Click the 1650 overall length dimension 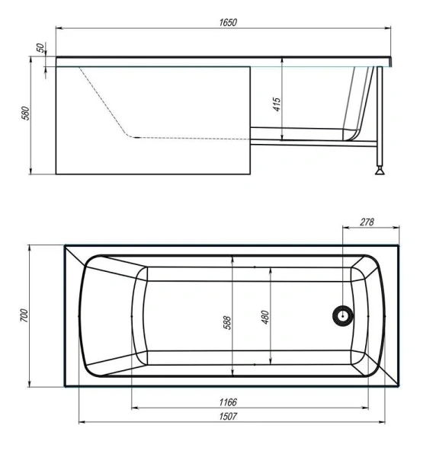tap(226, 23)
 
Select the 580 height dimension tap(25, 114)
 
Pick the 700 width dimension tap(24, 315)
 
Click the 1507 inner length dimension tap(229, 415)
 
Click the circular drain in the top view tap(343, 315)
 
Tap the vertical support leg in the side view tap(377, 114)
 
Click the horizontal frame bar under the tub tap(313, 142)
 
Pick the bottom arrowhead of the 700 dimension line tap(30, 385)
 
